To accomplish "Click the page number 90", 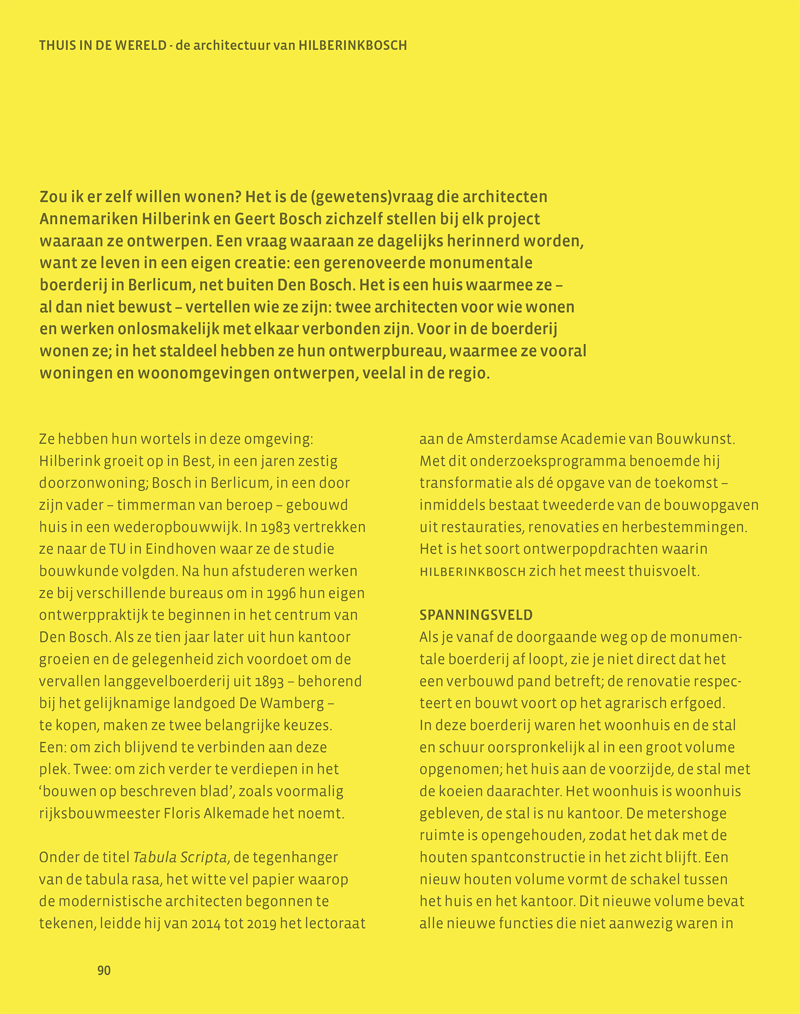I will pyautogui.click(x=103, y=970).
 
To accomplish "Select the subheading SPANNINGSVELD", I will pyautogui.click(x=476, y=615).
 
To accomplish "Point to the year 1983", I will pyautogui.click(x=276, y=527).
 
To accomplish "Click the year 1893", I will pyautogui.click(x=266, y=681).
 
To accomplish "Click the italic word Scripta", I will pyautogui.click(x=200, y=857).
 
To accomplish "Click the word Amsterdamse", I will pyautogui.click(x=511, y=439).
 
